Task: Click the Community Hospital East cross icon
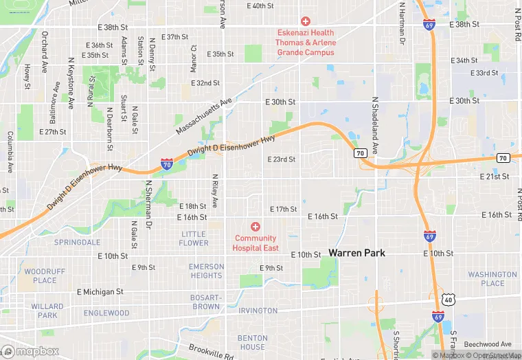point(256,227)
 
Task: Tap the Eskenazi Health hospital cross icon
point(306,22)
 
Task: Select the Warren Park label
point(356,253)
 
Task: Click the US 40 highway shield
point(449,300)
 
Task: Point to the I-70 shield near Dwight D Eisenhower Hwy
point(167,164)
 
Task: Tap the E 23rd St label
point(281,159)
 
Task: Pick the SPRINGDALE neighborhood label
point(77,243)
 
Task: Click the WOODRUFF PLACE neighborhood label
point(45,275)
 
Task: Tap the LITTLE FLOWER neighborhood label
point(194,238)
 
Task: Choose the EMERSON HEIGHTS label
point(206,271)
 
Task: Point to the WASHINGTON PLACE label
point(492,279)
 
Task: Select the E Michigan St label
point(100,292)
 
